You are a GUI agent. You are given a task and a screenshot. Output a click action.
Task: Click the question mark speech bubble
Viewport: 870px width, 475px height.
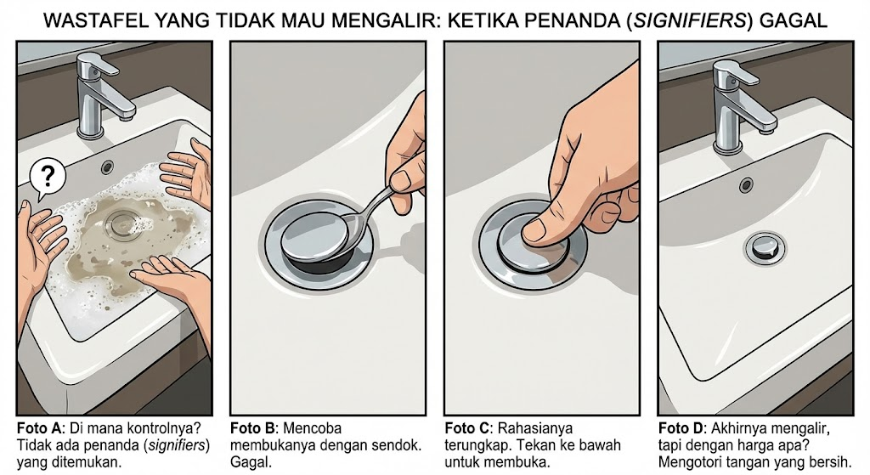click(48, 178)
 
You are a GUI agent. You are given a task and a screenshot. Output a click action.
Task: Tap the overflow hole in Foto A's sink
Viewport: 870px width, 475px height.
click(107, 167)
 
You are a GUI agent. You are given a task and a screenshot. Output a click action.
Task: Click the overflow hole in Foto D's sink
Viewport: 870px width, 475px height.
click(746, 184)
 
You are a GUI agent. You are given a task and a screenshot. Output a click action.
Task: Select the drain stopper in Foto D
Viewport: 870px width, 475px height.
click(762, 247)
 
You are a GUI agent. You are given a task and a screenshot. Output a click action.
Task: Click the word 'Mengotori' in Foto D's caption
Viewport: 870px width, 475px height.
click(692, 462)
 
